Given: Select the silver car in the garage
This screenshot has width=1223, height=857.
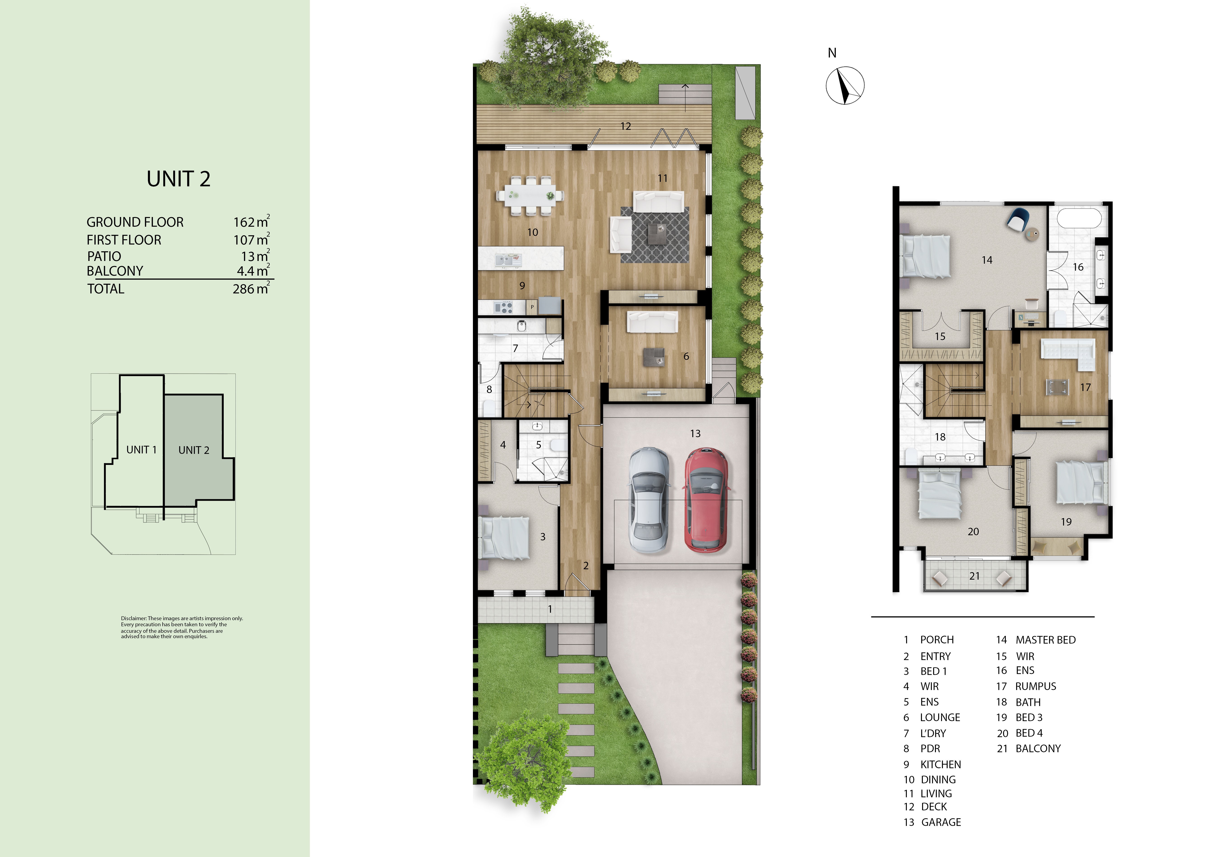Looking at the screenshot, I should click(649, 499).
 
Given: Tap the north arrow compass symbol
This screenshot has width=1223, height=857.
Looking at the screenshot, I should click(845, 85).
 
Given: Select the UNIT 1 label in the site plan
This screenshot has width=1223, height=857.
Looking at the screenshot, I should click(141, 450).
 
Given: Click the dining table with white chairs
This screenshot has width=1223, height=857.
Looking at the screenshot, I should click(530, 195).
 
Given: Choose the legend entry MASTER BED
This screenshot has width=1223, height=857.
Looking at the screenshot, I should click(1045, 640).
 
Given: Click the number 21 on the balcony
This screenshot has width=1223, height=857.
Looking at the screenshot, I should click(974, 576).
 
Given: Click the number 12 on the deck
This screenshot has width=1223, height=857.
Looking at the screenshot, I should click(625, 126).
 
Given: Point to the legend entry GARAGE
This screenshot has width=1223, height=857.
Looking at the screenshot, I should click(941, 822).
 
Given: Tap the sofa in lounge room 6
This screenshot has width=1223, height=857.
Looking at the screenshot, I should click(652, 322).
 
